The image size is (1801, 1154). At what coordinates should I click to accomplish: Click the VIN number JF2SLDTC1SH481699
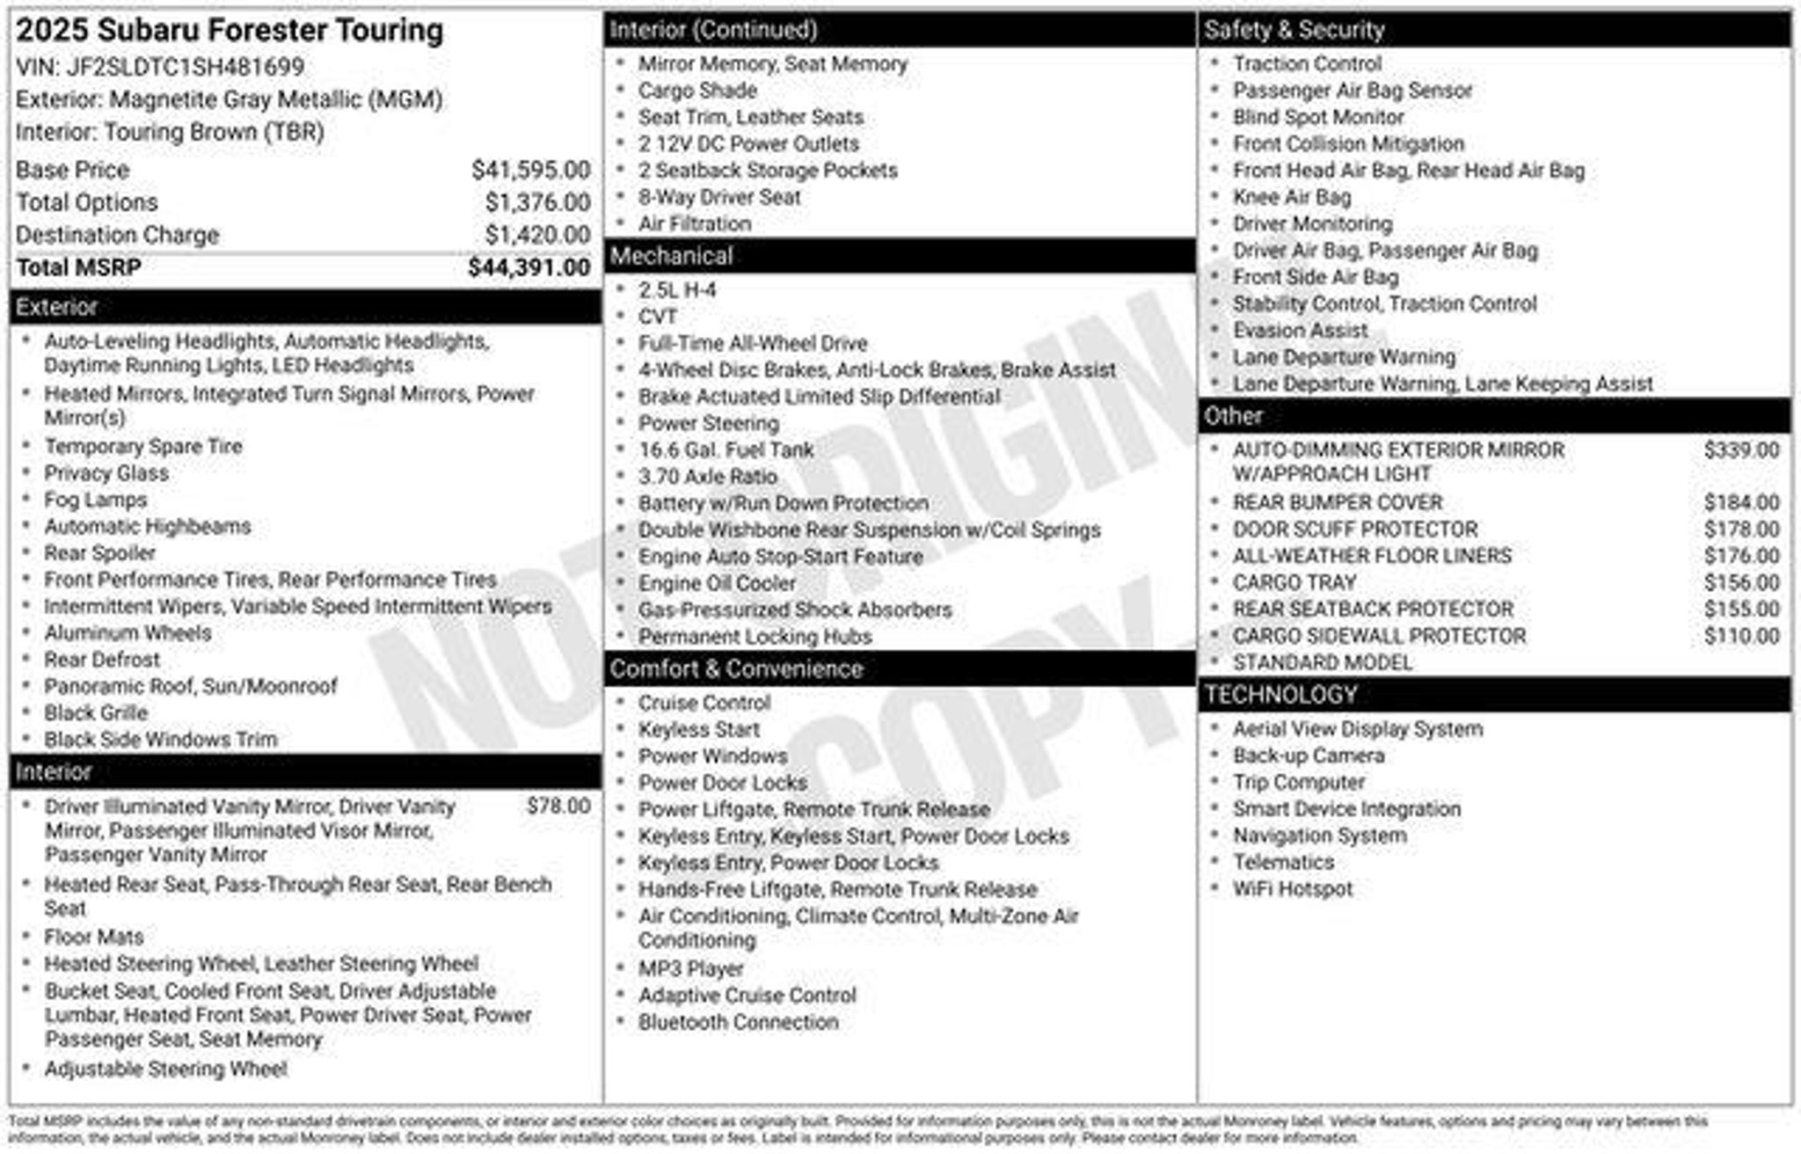point(186,67)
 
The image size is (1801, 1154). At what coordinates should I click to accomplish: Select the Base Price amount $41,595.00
point(530,170)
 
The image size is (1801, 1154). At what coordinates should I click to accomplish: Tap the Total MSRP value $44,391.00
point(529,267)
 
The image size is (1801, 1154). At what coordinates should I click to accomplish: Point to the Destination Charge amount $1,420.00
point(537,235)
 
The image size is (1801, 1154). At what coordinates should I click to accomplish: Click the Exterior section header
point(56,307)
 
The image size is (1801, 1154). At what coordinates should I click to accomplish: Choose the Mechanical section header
point(671,256)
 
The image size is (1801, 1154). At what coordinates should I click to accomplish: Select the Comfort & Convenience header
point(736,668)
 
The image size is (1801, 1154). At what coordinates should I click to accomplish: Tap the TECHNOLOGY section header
point(1280,695)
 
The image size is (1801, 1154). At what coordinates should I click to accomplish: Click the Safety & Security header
point(1294,30)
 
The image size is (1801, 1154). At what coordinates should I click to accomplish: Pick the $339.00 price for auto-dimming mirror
point(1741,450)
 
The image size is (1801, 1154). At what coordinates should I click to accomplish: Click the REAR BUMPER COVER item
point(1337,502)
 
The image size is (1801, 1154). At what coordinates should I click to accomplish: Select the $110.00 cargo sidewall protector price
point(1741,636)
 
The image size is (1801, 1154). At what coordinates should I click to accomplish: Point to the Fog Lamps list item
point(96,500)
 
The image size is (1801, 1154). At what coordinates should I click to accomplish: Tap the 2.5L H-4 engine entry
point(677,290)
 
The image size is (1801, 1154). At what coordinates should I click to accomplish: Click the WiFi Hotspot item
point(1292,888)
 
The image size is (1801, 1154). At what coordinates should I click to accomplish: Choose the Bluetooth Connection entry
point(738,1022)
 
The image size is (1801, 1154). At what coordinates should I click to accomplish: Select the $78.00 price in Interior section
point(558,806)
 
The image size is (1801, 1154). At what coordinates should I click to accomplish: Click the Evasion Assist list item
point(1300,331)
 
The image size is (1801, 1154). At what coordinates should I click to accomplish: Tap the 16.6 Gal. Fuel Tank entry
point(726,450)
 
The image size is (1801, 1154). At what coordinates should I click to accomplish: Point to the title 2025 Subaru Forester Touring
point(230,31)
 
